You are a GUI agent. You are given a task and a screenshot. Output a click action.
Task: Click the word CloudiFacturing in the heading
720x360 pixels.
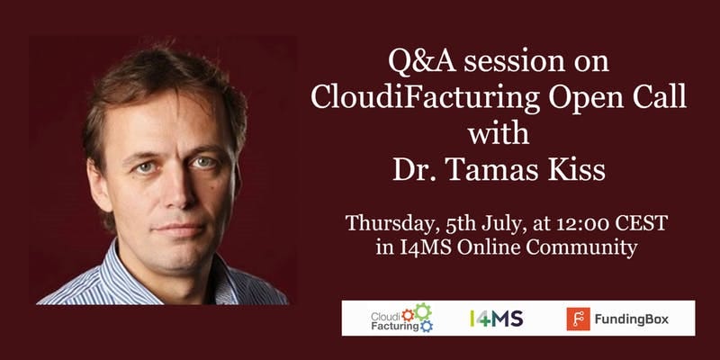pyautogui.click(x=426, y=98)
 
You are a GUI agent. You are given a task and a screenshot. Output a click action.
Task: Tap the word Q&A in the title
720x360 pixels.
pyautogui.click(x=422, y=61)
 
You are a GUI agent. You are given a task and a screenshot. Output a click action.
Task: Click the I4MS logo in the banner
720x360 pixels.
pyautogui.click(x=497, y=319)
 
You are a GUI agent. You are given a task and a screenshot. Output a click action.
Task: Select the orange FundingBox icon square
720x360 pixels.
pyautogui.click(x=578, y=319)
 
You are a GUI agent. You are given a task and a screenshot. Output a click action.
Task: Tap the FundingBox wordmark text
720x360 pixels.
pyautogui.click(x=632, y=319)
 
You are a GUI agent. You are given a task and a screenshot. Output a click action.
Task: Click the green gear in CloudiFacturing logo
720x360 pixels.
pyautogui.click(x=423, y=310)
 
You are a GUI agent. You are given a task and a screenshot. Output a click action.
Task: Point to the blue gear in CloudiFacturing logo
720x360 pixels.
pyautogui.click(x=427, y=326)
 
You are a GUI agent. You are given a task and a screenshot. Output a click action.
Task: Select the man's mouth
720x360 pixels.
pyautogui.click(x=179, y=228)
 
